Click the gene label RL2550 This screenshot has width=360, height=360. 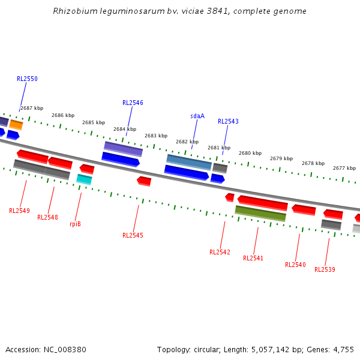(x=27, y=79)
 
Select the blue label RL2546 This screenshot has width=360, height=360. (x=133, y=103)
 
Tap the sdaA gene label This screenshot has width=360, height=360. (x=197, y=116)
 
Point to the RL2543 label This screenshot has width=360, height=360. (x=228, y=121)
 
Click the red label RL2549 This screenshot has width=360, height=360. (x=19, y=211)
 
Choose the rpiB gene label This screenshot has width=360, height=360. (x=75, y=224)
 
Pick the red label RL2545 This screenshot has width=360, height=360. (x=133, y=235)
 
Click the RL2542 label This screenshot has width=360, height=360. (x=220, y=252)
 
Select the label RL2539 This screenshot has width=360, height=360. (x=325, y=269)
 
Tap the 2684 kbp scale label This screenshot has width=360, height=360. (x=125, y=129)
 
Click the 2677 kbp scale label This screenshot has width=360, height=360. (x=344, y=168)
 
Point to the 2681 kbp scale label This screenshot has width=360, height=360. (x=219, y=148)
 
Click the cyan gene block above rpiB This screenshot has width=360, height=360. (x=84, y=179)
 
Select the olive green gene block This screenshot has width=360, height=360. (x=260, y=213)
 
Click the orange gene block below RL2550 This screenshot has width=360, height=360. (x=16, y=124)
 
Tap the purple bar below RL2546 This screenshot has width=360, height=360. (x=123, y=149)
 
